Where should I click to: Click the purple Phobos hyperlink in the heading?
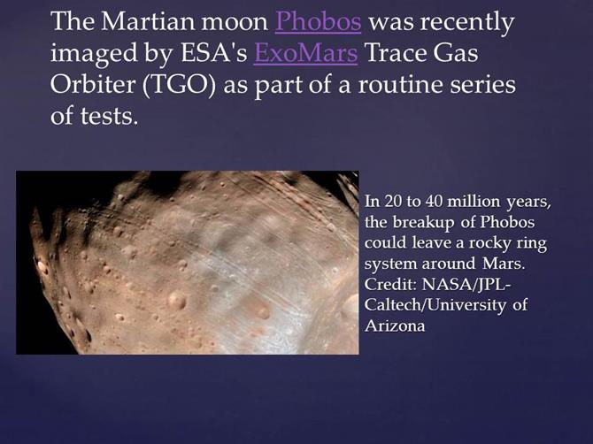click(x=318, y=21)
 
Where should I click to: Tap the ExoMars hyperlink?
click(x=305, y=53)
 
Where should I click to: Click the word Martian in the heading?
click(x=147, y=21)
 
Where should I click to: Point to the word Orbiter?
click(x=93, y=84)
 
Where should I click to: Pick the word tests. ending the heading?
click(x=108, y=116)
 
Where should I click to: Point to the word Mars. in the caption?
click(x=504, y=264)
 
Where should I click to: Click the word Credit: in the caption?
click(x=390, y=284)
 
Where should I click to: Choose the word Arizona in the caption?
click(x=395, y=325)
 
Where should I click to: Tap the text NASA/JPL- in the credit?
click(x=466, y=285)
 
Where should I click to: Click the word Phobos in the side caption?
click(x=507, y=222)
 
